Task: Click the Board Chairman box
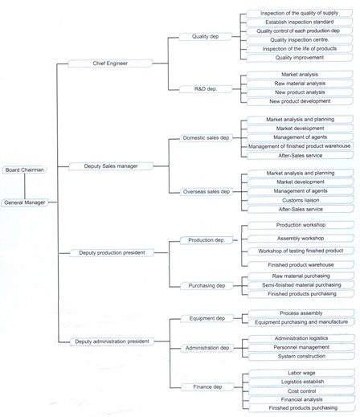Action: (24, 170)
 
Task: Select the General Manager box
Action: (25, 202)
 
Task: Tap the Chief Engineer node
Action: (110, 63)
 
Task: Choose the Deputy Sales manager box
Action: (111, 166)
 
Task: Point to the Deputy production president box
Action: (112, 252)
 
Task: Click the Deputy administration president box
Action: (112, 341)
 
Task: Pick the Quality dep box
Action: (205, 36)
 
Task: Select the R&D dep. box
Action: (206, 89)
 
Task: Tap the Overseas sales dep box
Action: (207, 192)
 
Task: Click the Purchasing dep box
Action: (207, 286)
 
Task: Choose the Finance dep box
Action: (207, 387)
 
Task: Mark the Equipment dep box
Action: (207, 318)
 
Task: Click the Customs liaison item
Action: (301, 200)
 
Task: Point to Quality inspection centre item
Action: (300, 40)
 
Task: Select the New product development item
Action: (300, 101)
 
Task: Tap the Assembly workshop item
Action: (301, 238)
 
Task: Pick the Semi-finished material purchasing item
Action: (301, 285)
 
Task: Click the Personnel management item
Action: (301, 347)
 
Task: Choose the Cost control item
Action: (302, 391)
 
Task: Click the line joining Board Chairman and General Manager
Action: (25, 186)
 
